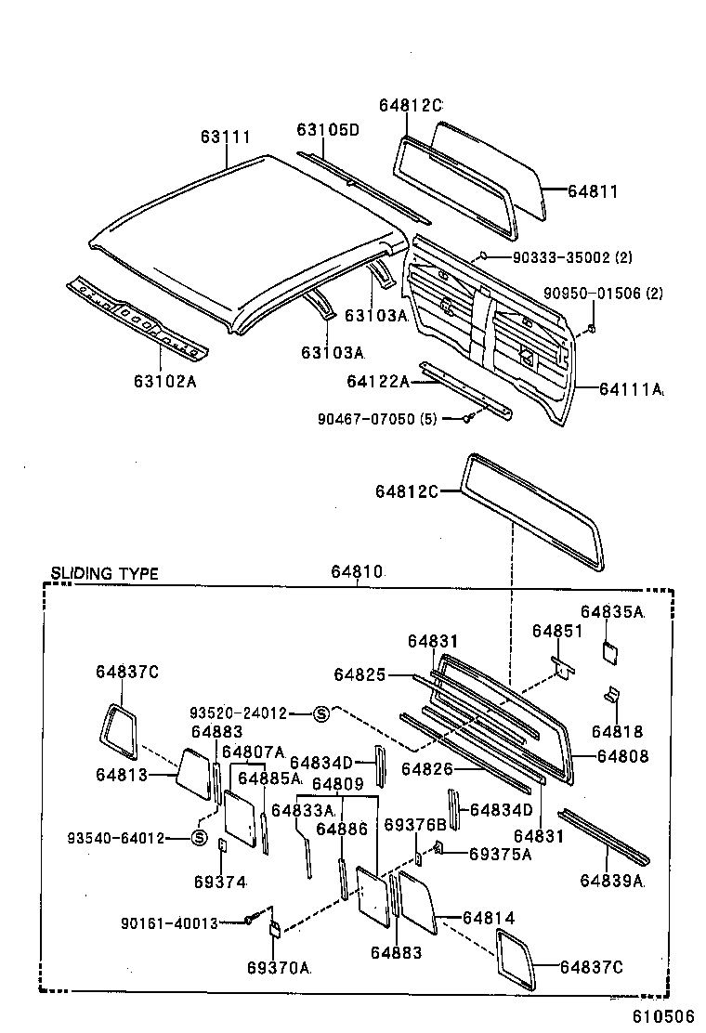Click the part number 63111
tap(226, 137)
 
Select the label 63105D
tap(328, 129)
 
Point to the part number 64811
tap(592, 191)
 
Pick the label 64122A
tap(378, 381)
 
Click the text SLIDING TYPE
tap(104, 573)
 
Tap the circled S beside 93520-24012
tap(321, 713)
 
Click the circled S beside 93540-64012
tap(198, 838)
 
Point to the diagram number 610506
tap(664, 1017)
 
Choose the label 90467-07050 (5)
tap(376, 419)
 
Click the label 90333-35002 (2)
tap(560, 257)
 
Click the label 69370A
tap(279, 967)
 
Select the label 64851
tap(557, 632)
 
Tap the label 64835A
tap(612, 611)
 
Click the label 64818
tap(617, 732)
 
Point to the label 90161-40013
tap(169, 922)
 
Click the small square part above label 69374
tap(222, 844)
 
